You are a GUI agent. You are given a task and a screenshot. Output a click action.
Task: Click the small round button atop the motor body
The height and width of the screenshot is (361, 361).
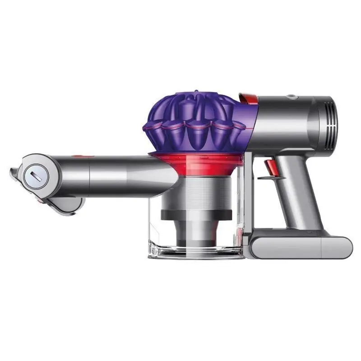pos(292,96)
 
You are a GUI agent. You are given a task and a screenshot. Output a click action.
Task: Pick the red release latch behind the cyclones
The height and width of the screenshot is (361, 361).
pos(247,98)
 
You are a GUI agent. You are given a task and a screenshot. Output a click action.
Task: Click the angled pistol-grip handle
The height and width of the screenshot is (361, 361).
pos(300,194)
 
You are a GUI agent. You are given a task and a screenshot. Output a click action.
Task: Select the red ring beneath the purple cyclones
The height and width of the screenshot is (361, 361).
pos(199,161)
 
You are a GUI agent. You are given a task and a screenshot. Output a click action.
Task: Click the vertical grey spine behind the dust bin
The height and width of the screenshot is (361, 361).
pos(249,199)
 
